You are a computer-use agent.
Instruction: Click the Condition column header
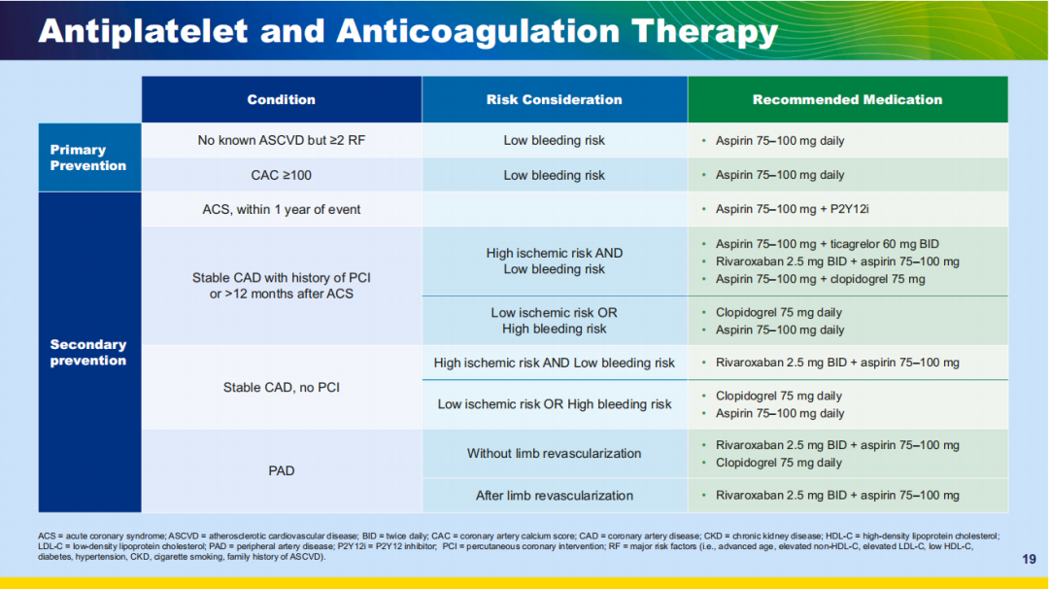281,99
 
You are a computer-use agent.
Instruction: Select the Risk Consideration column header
554,99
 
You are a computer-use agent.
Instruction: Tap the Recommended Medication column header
847,99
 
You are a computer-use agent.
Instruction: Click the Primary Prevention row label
88,157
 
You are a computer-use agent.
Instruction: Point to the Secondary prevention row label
88,352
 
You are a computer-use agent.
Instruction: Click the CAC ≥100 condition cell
281,175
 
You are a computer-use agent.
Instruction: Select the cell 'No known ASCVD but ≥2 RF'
281,140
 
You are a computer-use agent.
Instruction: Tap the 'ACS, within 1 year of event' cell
281,209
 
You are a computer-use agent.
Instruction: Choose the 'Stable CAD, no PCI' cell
281,387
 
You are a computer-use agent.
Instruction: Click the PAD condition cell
281,470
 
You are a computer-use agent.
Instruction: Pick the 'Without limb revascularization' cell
554,453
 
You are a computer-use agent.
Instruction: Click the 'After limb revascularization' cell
554,495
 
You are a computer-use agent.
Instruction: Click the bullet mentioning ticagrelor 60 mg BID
828,244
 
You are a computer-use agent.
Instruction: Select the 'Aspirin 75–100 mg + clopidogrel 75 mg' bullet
820,279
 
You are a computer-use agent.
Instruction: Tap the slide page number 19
1030,559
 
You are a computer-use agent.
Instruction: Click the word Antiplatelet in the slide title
143,31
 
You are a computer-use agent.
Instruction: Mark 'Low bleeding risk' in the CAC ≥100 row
554,175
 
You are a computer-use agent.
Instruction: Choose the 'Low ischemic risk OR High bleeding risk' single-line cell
554,404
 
